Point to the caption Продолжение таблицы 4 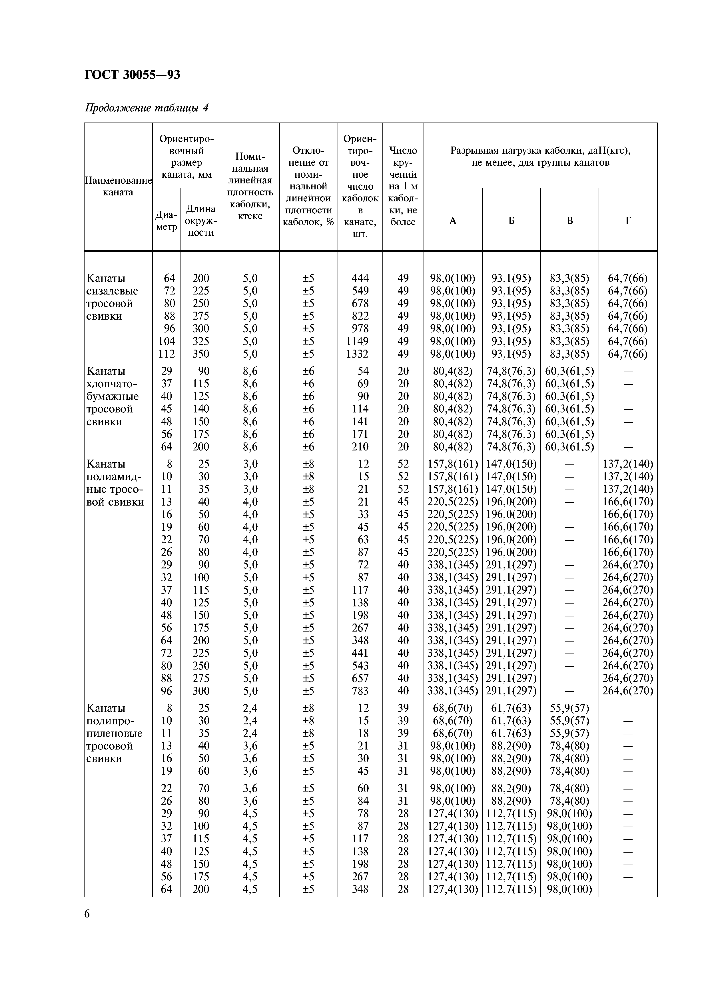(x=146, y=107)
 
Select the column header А (x=453, y=221)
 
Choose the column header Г (x=628, y=221)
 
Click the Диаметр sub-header (x=166, y=221)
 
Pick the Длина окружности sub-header (x=201, y=221)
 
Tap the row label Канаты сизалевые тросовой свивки (x=112, y=297)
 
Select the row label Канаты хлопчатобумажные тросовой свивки (x=113, y=396)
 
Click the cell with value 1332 (x=357, y=354)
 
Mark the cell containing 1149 (x=357, y=341)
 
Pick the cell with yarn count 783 (x=360, y=691)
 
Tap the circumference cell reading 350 (x=201, y=354)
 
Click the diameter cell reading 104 (x=166, y=341)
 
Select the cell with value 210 (x=360, y=447)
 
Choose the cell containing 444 (x=360, y=278)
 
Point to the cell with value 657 (x=360, y=678)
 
